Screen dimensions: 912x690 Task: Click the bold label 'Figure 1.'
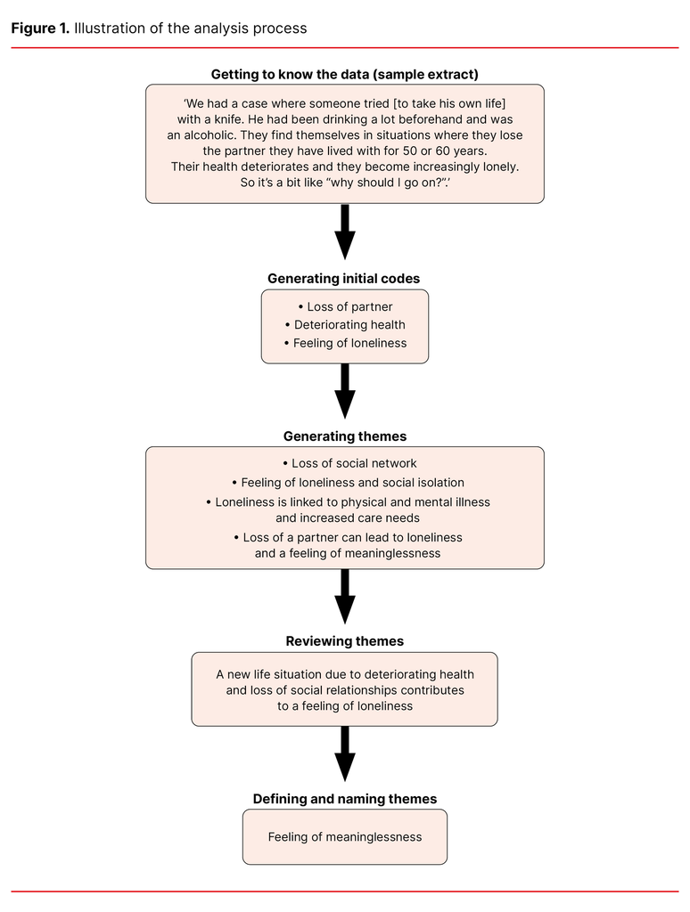click(x=40, y=28)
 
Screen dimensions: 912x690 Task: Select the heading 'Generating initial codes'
click(x=344, y=279)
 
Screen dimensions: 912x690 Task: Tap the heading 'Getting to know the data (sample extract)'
click(x=344, y=74)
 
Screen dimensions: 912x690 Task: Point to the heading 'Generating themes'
click(x=344, y=436)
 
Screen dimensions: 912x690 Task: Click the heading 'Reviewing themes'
click(x=344, y=641)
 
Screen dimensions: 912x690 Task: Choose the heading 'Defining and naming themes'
click(x=344, y=799)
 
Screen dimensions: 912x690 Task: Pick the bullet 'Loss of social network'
click(x=349, y=463)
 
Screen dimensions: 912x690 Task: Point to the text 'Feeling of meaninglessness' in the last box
click(x=344, y=837)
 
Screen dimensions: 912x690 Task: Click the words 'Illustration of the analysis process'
click(x=191, y=28)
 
